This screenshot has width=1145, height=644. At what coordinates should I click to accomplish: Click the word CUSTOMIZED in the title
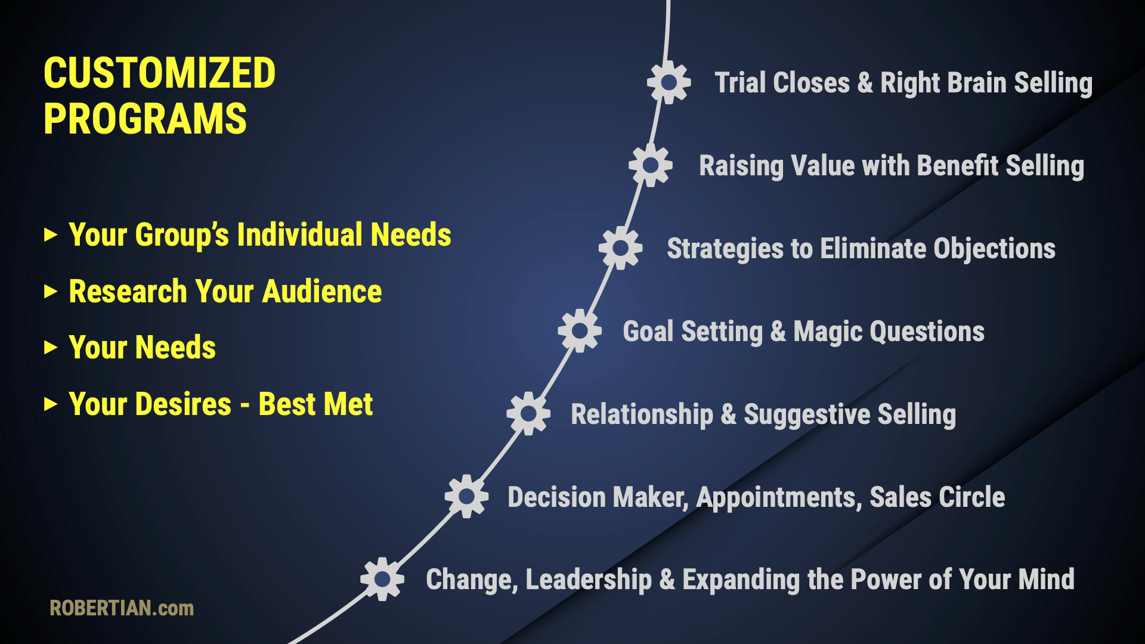tap(160, 73)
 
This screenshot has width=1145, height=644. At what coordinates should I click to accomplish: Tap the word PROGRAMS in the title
tap(145, 119)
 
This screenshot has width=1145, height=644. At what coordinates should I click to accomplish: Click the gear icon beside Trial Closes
tap(669, 82)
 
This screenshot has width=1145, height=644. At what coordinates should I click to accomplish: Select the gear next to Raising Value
tap(651, 165)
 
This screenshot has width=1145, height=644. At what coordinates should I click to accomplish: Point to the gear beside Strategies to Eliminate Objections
tap(621, 248)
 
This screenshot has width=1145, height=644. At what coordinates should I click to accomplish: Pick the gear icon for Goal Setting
tap(580, 331)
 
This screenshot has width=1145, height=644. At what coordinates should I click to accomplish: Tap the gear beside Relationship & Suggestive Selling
tap(528, 413)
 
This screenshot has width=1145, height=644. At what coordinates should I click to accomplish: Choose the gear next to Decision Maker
tap(466, 496)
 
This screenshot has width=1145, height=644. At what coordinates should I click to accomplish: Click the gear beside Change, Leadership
tap(382, 579)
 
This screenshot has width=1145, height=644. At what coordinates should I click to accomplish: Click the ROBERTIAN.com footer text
tap(122, 608)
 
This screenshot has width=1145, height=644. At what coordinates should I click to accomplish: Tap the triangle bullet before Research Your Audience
tap(51, 292)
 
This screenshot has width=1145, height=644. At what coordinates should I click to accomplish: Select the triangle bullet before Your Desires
tap(51, 404)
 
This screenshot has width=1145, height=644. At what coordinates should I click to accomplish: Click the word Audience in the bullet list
tap(322, 292)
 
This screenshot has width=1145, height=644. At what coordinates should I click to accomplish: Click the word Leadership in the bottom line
tap(589, 580)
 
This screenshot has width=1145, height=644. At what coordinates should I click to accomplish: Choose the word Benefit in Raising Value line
tap(958, 166)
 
